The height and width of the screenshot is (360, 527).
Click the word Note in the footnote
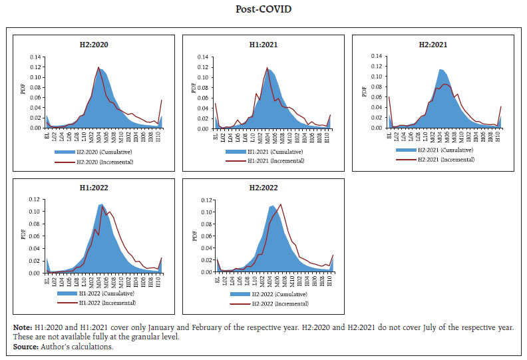pyautogui.click(x=21, y=328)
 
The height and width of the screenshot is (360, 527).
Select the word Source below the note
pyautogui.click(x=24, y=346)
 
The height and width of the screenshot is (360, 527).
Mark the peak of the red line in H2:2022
pyautogui.click(x=281, y=204)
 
